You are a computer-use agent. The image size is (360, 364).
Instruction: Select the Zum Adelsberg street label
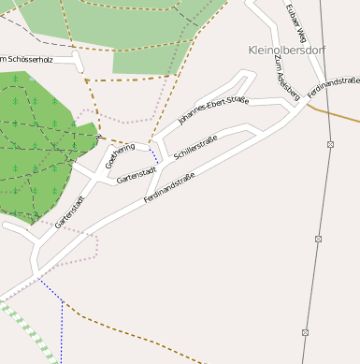pyautogui.click(x=287, y=77)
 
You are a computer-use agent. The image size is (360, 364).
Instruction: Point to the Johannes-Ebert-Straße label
pyautogui.click(x=213, y=109)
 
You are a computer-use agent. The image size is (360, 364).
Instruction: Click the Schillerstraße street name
pyautogui.click(x=195, y=147)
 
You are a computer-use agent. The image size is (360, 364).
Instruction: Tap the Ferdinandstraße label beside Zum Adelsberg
pyautogui.click(x=334, y=90)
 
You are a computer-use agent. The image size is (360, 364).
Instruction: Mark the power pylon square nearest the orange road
pyautogui.click(x=331, y=144)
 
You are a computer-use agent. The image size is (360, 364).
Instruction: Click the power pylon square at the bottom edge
pyautogui.click(x=306, y=332)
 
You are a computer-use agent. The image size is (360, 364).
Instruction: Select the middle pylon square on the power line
pyautogui.click(x=318, y=239)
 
